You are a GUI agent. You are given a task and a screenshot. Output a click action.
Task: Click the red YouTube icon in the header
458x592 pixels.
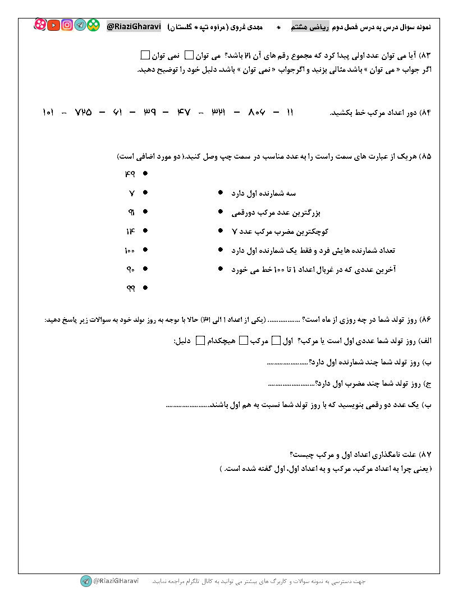click(x=54, y=25)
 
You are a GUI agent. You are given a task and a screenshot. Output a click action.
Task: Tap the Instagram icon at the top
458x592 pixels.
click(x=67, y=25)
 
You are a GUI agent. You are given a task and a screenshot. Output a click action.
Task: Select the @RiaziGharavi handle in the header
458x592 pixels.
click(x=134, y=26)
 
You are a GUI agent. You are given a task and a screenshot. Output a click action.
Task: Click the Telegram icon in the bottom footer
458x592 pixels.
click(x=85, y=581)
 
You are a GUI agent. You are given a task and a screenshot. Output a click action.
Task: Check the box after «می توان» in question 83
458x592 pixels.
click(x=189, y=55)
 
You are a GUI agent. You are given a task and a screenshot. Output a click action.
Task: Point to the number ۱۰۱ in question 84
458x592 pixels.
click(x=48, y=112)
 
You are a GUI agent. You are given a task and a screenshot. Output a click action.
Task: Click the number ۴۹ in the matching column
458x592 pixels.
click(x=130, y=174)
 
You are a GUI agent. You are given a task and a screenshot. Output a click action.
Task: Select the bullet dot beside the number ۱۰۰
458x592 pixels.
click(x=145, y=250)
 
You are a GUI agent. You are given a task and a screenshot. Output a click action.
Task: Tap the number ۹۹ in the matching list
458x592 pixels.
click(x=130, y=288)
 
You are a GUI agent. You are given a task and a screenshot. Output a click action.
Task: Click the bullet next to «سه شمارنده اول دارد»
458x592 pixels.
click(x=221, y=193)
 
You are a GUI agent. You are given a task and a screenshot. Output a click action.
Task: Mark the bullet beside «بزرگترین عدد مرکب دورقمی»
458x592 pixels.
click(x=221, y=212)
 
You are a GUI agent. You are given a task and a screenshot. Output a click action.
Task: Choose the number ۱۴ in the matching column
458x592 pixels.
click(x=130, y=231)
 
